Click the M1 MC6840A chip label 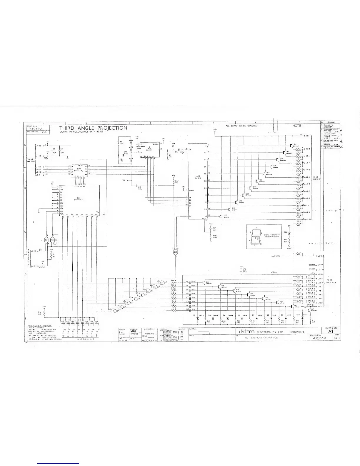tap(79, 198)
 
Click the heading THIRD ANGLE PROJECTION tap(93, 128)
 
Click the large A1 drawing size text tap(331, 331)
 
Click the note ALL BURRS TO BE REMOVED tap(241, 126)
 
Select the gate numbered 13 tap(176, 252)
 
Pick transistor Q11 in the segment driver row tap(205, 282)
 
